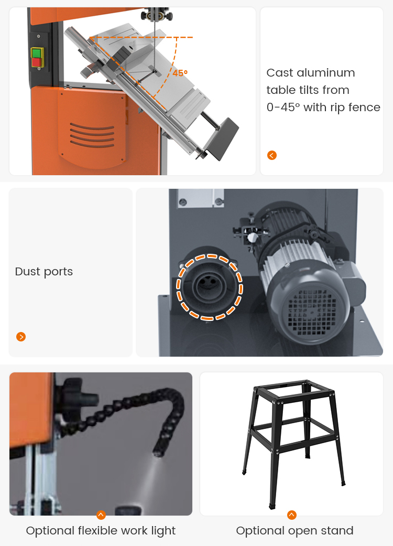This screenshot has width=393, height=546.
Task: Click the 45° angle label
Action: click(180, 73)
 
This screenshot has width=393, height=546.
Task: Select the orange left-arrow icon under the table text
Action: click(271, 155)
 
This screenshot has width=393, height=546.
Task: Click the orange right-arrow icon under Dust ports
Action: click(21, 337)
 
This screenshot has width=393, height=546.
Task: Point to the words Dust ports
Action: click(44, 272)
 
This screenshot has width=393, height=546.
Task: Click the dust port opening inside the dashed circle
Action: click(209, 286)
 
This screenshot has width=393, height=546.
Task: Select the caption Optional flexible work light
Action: click(101, 531)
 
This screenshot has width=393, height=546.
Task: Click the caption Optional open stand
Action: click(294, 531)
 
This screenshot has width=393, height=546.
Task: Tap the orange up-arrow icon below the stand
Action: click(292, 515)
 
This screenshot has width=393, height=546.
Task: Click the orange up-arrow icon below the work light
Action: click(101, 515)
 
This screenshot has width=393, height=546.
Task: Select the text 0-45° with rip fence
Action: click(323, 108)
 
